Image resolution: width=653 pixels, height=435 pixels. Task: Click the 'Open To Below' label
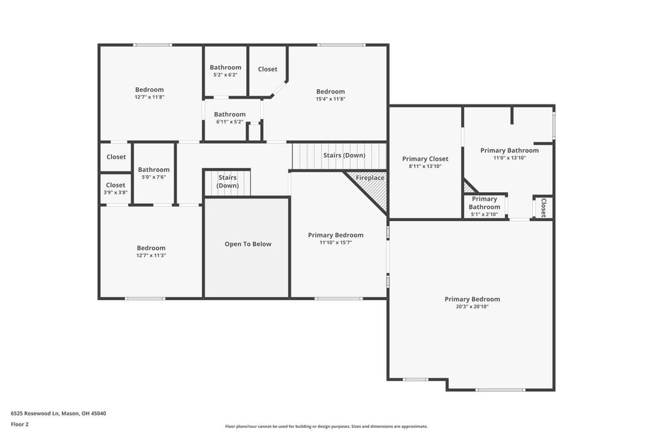(x=248, y=244)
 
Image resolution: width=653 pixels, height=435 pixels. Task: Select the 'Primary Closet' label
(x=425, y=159)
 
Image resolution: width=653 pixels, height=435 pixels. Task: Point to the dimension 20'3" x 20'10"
(x=473, y=307)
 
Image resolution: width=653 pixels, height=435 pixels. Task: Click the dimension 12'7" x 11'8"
(x=149, y=97)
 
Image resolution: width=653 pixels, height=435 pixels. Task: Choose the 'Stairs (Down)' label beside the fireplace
(x=344, y=155)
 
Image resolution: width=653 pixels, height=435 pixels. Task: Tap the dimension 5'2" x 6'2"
(x=225, y=75)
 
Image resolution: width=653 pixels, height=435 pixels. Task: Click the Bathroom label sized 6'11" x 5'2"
(x=230, y=115)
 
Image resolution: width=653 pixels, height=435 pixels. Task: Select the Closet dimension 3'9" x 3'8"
(x=115, y=192)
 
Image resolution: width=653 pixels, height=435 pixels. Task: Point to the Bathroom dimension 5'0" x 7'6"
(x=154, y=177)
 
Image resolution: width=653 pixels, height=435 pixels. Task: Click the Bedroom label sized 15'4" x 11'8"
(x=331, y=92)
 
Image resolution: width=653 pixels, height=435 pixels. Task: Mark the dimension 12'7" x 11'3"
(x=151, y=255)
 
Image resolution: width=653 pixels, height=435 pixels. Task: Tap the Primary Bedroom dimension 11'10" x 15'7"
(x=335, y=243)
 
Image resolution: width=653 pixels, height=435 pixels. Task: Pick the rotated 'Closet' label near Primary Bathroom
(x=543, y=208)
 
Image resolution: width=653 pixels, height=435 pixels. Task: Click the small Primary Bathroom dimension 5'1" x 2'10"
(x=485, y=215)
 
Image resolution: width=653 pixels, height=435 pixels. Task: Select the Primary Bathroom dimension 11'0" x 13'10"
(x=510, y=158)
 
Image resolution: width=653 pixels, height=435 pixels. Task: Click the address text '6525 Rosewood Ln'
(x=35, y=413)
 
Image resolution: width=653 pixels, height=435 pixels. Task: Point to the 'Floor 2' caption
(x=20, y=425)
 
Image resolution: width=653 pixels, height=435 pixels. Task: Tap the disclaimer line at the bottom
(x=326, y=426)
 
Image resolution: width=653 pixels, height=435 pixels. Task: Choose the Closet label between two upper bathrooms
(x=267, y=69)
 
